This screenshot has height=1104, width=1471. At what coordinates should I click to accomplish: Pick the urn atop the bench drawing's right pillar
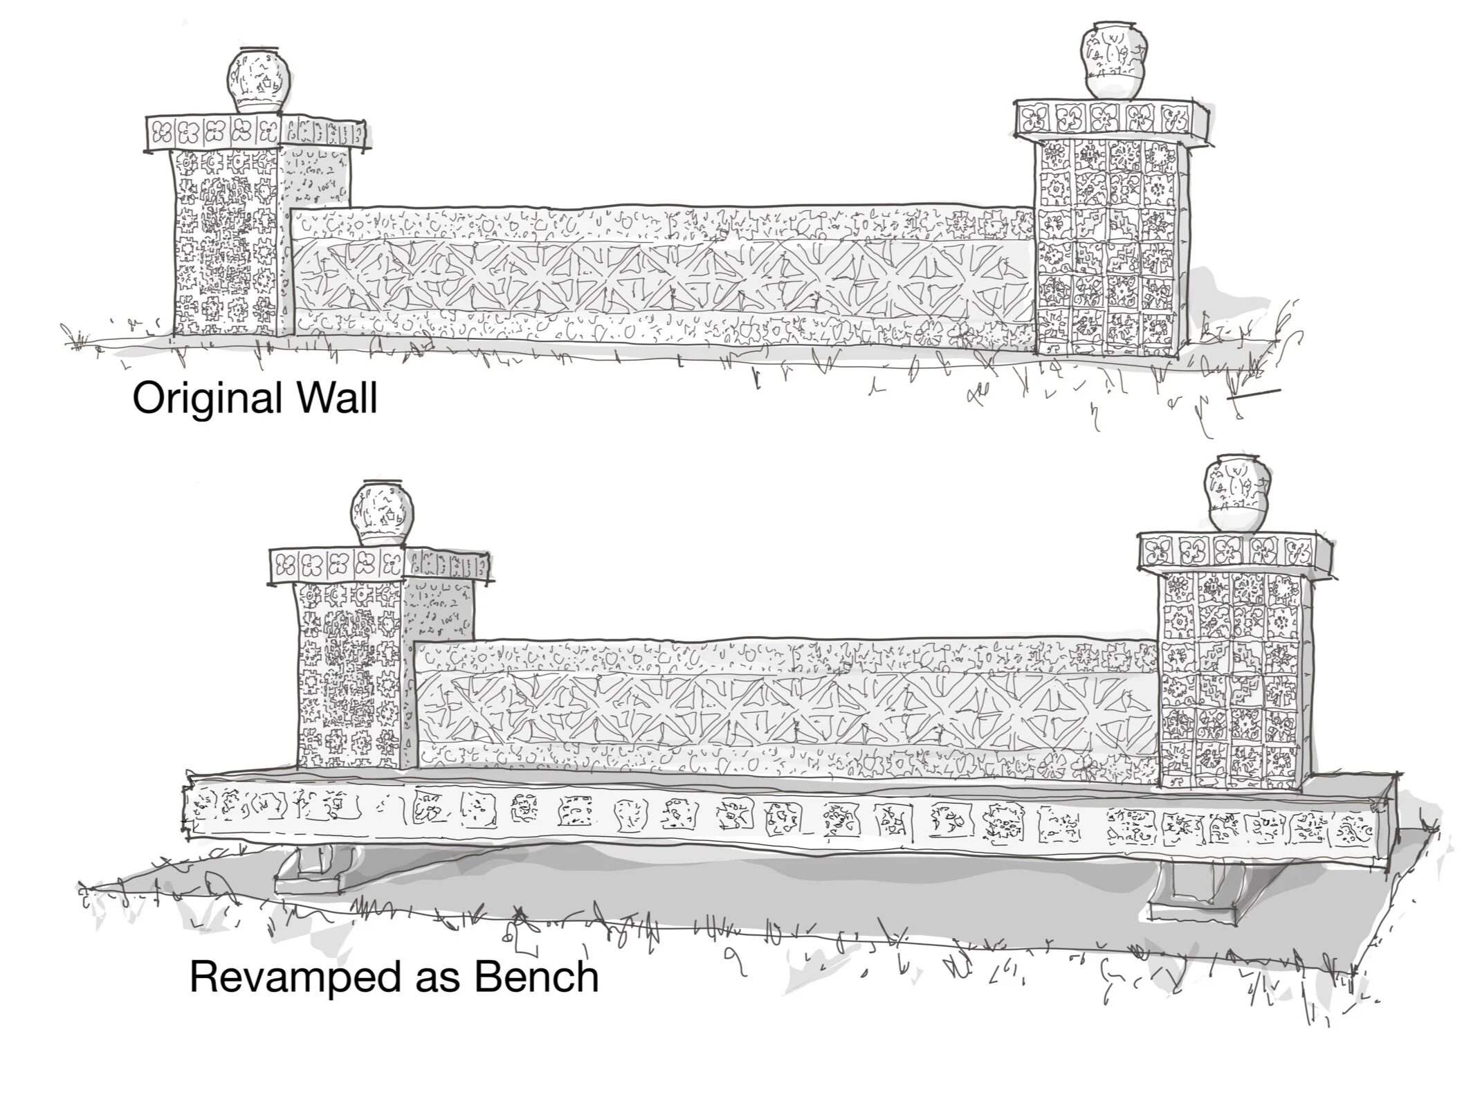(x=1236, y=496)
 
